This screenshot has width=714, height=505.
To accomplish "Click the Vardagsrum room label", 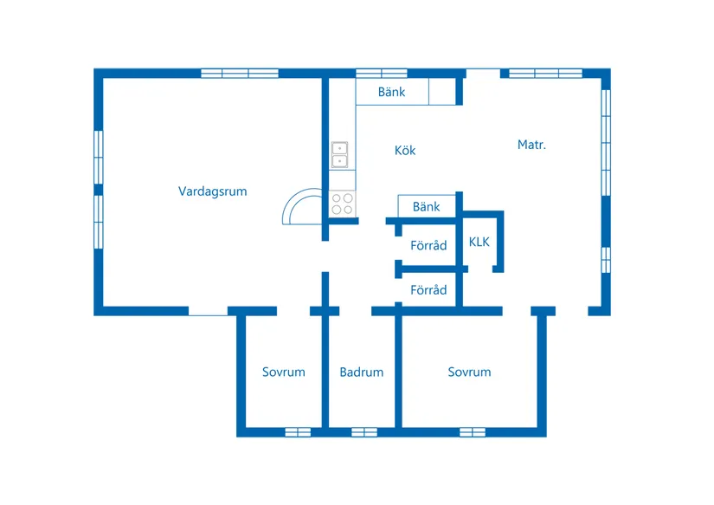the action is [213, 191].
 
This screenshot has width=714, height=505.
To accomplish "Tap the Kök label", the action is [405, 151].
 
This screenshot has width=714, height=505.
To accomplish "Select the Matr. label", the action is [531, 145].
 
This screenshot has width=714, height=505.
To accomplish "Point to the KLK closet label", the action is [479, 242].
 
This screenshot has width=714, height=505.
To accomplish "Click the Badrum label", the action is [362, 372].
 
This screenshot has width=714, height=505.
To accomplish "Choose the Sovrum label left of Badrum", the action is [284, 372].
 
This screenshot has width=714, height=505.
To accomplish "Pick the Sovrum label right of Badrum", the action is [469, 372].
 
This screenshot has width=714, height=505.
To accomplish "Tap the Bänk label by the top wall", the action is [391, 92].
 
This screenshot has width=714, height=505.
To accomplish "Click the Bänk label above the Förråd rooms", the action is [426, 206].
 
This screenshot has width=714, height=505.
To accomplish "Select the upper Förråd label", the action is [428, 245].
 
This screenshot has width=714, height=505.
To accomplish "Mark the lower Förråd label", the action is [428, 290].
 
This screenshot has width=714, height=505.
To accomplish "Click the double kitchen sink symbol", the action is [340, 155].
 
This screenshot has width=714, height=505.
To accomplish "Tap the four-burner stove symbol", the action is [342, 204].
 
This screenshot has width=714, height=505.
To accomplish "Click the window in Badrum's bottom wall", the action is [364, 432].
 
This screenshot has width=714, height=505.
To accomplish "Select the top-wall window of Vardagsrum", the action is [240, 74].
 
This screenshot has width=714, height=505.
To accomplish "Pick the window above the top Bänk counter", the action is [382, 74].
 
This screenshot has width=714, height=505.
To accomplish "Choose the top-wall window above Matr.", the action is [545, 74].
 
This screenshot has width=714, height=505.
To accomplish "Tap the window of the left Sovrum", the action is [298, 432].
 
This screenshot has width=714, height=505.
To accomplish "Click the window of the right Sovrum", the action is [473, 432].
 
